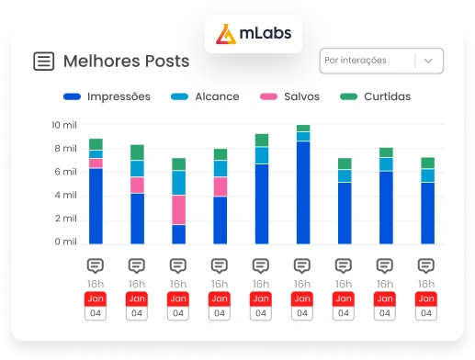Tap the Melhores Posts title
pyautogui.click(x=126, y=62)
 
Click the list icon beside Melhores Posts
pyautogui.click(x=43, y=62)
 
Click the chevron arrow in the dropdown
pyautogui.click(x=428, y=62)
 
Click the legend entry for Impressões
pyautogui.click(x=107, y=96)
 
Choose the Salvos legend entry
pyautogui.click(x=291, y=96)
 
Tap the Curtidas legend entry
pyautogui.click(x=377, y=96)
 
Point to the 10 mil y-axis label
pyautogui.click(x=64, y=125)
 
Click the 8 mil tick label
pyautogui.click(x=64, y=149)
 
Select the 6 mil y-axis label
pyautogui.click(x=64, y=172)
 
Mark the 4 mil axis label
pyautogui.click(x=64, y=196)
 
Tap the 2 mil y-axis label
pyautogui.click(x=64, y=219)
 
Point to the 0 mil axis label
pyautogui.click(x=64, y=242)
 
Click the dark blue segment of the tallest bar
pyautogui.click(x=303, y=192)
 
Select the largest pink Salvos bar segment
pyautogui.click(x=178, y=209)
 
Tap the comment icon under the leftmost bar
pyautogui.click(x=96, y=265)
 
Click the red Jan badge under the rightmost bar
pyautogui.click(x=426, y=298)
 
